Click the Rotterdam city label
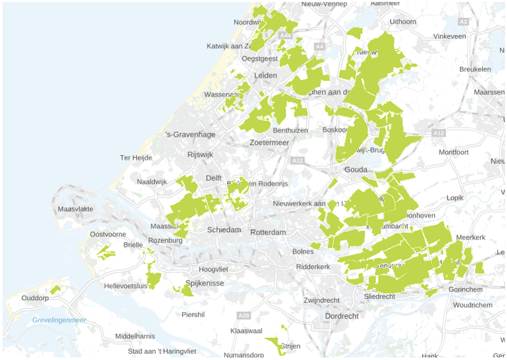pos(268,233)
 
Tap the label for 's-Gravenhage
pos(190,134)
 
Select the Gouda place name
pos(356,171)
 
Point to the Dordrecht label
pos(341,316)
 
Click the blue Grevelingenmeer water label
pos(59,320)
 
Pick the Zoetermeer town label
pos(270,142)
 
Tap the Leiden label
pos(265,75)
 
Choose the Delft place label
pos(214,178)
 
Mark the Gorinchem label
pos(466,289)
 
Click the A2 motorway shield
pos(464,22)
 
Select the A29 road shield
pos(243,315)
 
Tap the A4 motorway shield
pos(319,46)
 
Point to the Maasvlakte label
pos(75,209)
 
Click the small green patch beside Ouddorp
pos(55,290)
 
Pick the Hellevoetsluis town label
pos(126,286)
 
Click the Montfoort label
pos(453,152)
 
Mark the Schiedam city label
pos(224,230)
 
